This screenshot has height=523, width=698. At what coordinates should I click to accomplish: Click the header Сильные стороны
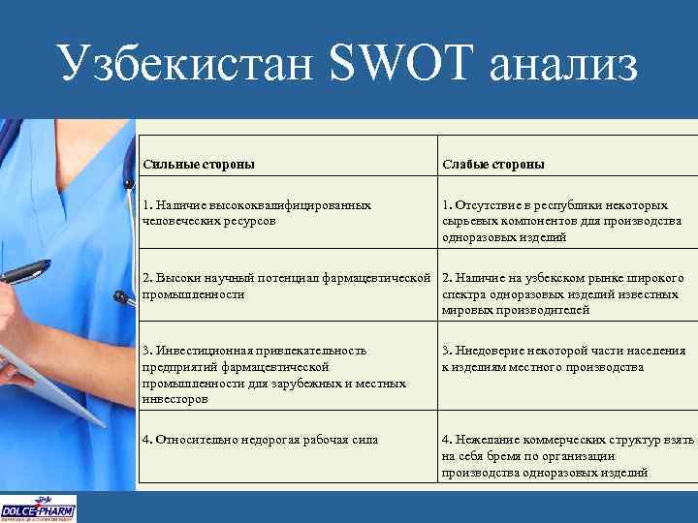pyautogui.click(x=199, y=164)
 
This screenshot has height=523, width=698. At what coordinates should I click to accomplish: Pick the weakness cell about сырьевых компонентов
pyautogui.click(x=568, y=221)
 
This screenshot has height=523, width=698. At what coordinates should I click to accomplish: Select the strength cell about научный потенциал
pyautogui.click(x=285, y=286)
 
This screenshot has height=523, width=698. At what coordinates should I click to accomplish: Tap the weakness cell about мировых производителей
pyautogui.click(x=568, y=293)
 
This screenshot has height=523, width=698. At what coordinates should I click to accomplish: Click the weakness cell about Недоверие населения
pyautogui.click(x=568, y=358)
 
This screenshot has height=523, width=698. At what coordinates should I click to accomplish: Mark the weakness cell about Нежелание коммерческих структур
pyautogui.click(x=568, y=455)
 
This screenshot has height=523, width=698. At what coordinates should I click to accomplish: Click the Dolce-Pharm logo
pyautogui.click(x=39, y=508)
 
